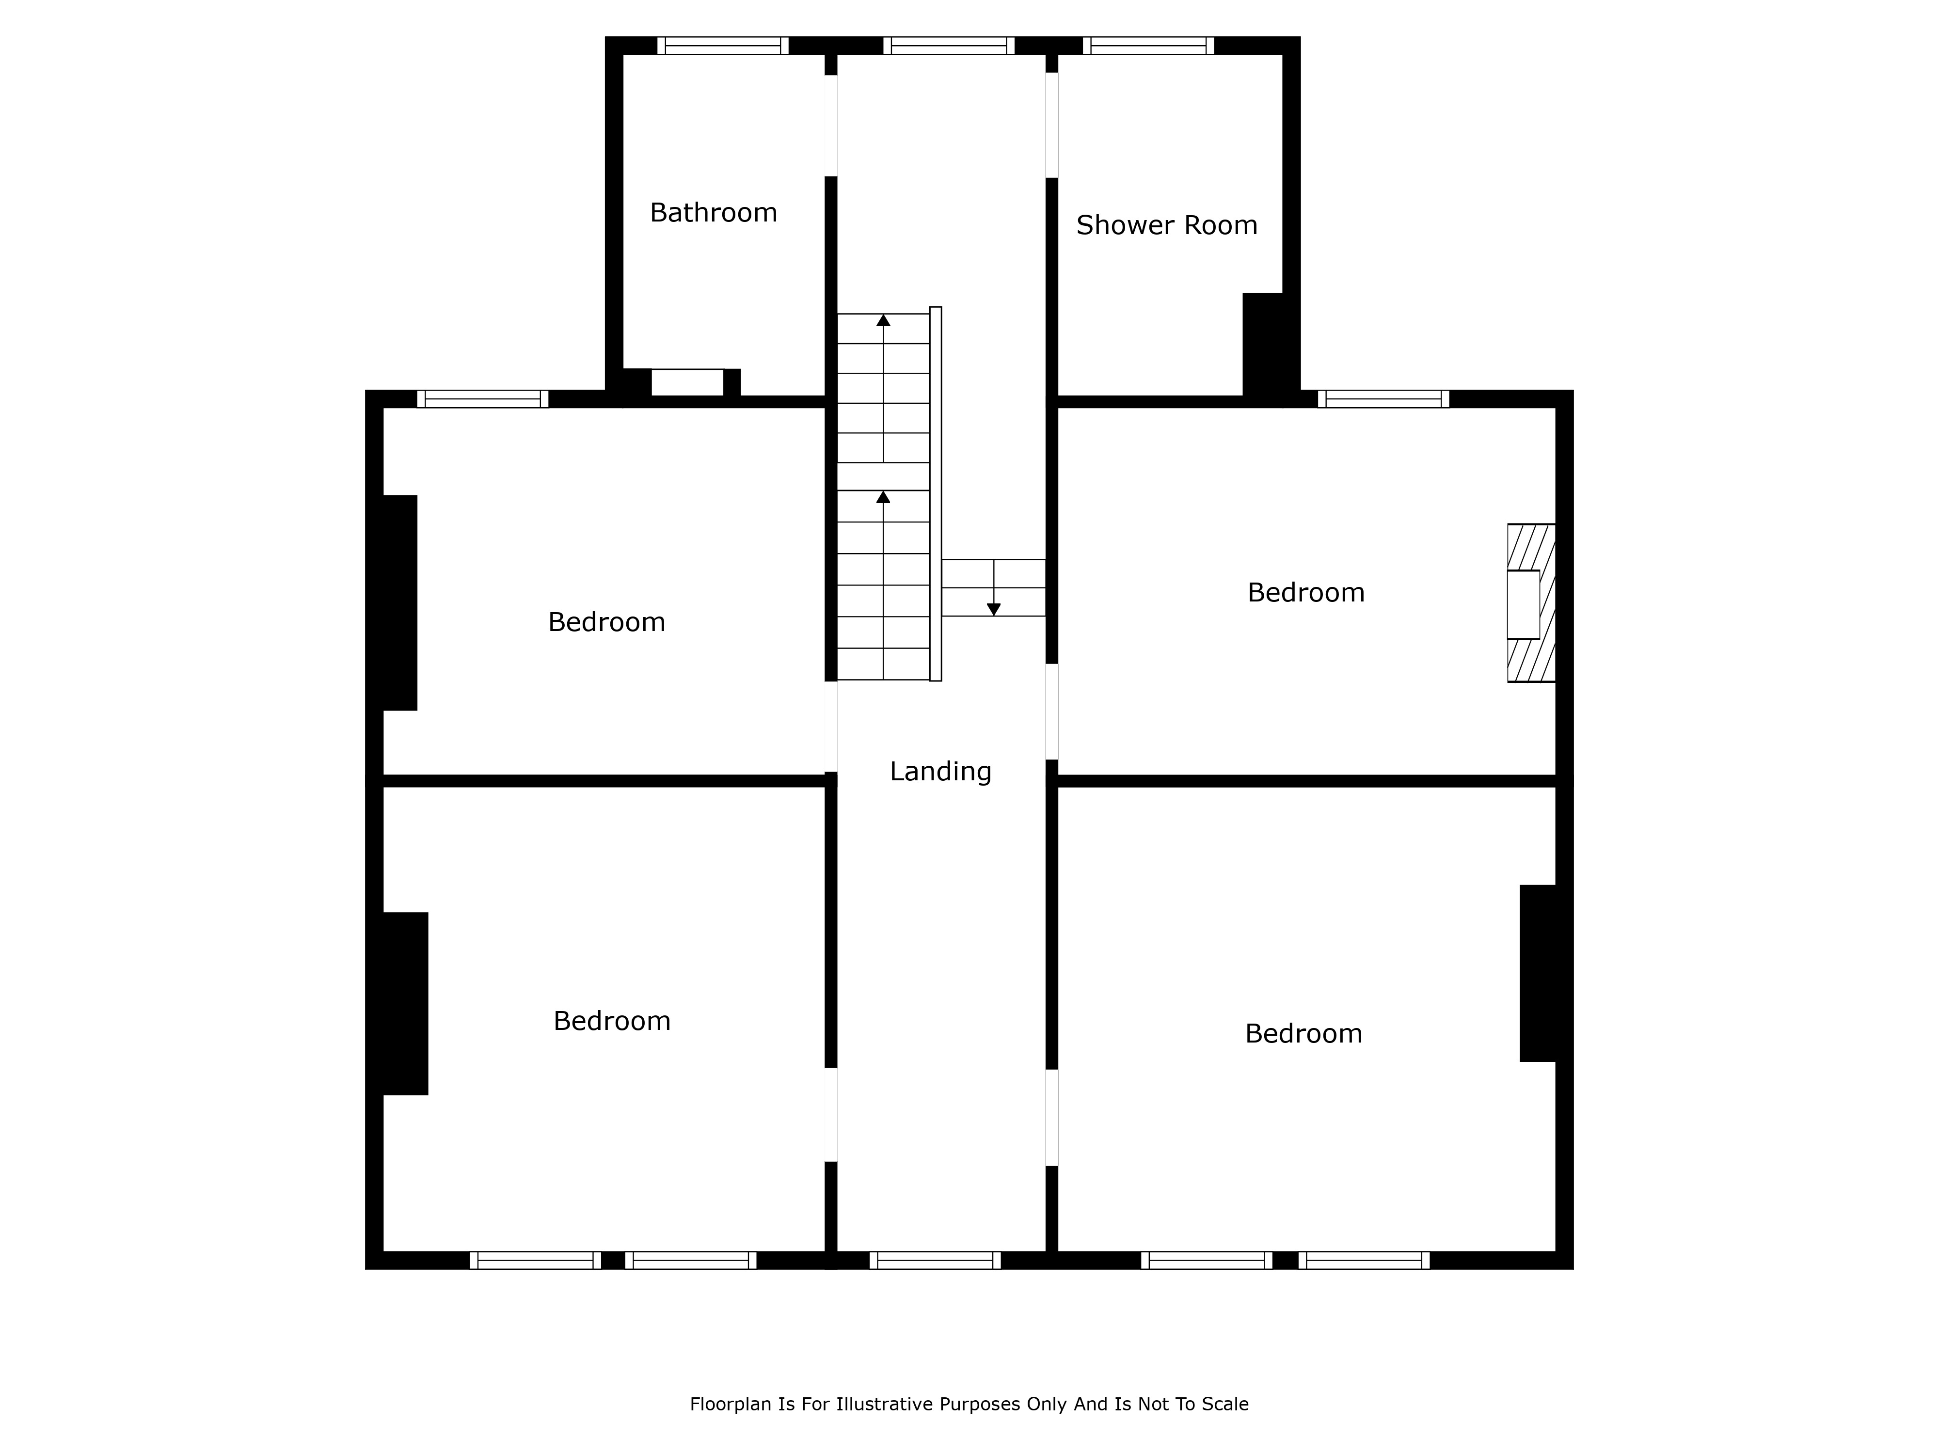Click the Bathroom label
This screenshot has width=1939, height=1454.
(714, 213)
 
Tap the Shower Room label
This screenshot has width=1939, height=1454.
(1167, 225)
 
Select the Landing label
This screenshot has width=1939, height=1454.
(940, 771)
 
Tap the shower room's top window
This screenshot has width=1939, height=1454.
(1148, 46)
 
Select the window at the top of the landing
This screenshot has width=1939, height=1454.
(949, 46)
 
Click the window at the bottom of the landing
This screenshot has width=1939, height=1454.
(935, 1260)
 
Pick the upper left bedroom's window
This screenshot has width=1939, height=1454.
(483, 399)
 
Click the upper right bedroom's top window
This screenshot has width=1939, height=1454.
(1383, 399)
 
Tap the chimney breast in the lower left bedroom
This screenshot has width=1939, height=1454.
(405, 1004)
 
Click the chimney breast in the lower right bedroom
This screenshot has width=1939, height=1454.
(1539, 973)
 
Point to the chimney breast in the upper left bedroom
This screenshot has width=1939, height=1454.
(400, 603)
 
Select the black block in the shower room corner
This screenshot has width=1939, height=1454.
(1263, 345)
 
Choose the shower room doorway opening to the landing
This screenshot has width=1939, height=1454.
(1052, 125)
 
